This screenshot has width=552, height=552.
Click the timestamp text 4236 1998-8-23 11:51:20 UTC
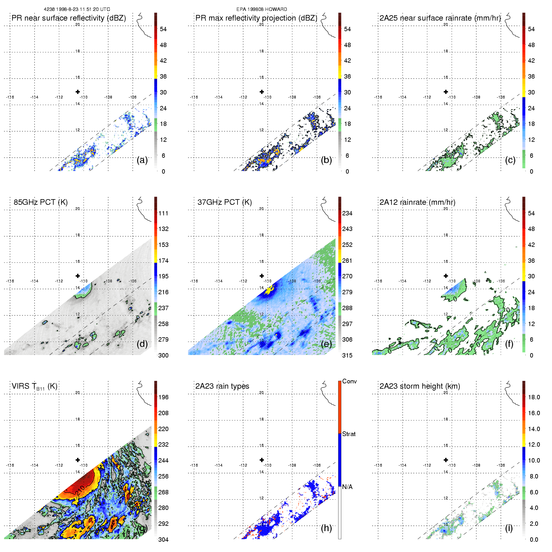(77, 9)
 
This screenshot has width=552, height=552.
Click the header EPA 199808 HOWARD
(262, 9)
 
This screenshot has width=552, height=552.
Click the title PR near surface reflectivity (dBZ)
(69, 18)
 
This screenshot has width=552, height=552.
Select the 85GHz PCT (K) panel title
(41, 202)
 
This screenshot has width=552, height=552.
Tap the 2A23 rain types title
(222, 386)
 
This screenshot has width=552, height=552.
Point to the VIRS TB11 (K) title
(34, 386)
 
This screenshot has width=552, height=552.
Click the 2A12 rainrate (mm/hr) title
(417, 202)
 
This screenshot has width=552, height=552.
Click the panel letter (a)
(142, 160)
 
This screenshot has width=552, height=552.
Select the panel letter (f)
(509, 344)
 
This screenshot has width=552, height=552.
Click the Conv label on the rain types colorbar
(349, 382)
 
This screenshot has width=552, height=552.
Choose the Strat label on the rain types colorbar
(349, 434)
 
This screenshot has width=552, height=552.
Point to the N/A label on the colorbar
(347, 487)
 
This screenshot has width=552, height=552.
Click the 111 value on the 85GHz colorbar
(163, 214)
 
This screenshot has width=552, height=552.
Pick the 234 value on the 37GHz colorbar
(347, 214)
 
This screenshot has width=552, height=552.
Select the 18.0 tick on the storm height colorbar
(534, 397)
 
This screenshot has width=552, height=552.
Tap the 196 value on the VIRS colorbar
(163, 397)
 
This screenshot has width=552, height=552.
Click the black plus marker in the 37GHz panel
(262, 276)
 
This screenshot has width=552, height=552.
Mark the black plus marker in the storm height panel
(446, 460)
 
